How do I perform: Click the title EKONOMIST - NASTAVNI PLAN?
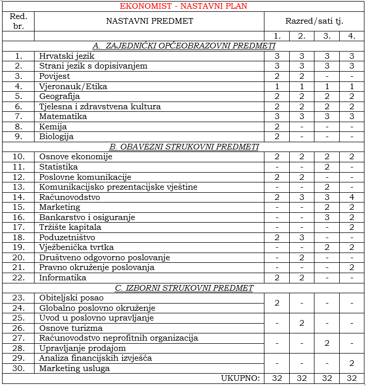point(183,6)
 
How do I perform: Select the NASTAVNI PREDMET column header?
point(149,21)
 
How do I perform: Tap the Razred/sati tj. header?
point(314,21)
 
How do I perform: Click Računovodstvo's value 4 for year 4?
point(352,197)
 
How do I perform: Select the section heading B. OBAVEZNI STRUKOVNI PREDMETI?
point(183,146)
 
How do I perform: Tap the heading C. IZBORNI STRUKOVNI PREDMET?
point(183,288)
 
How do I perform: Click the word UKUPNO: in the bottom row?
point(241,378)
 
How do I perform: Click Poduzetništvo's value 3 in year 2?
point(302,237)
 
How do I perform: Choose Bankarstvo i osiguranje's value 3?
point(327,217)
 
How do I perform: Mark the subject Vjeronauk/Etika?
point(73,86)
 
